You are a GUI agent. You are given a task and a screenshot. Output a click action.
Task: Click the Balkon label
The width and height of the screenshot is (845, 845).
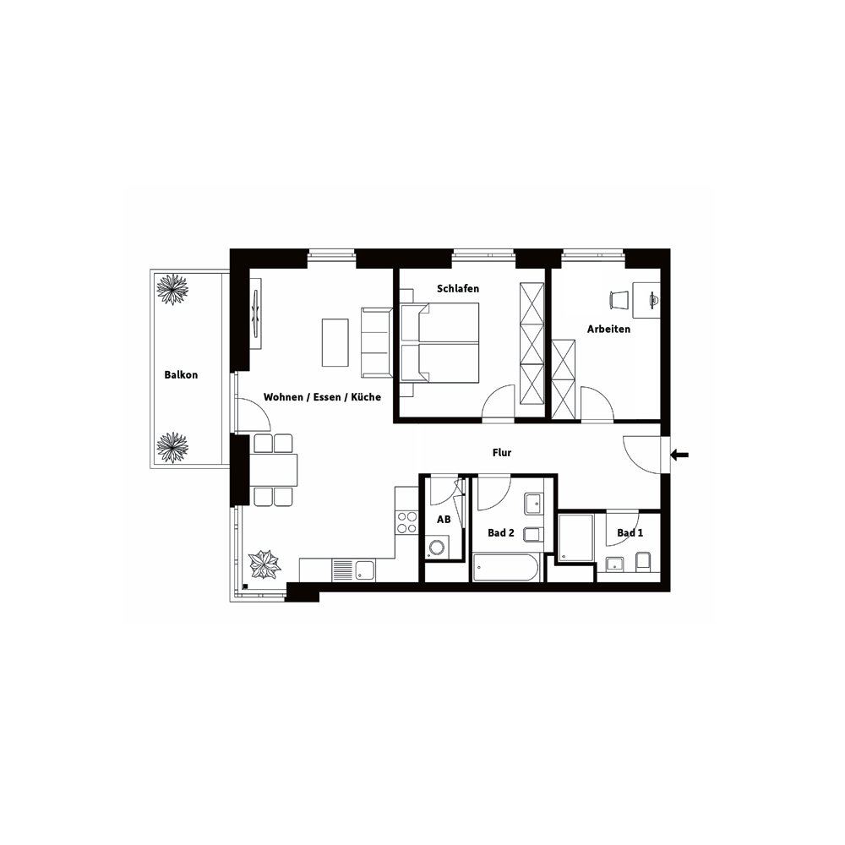coord(181,375)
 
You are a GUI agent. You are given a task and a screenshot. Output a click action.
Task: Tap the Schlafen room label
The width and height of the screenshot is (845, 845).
coord(458,289)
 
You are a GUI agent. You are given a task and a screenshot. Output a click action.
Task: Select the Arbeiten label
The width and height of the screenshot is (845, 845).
coord(609,330)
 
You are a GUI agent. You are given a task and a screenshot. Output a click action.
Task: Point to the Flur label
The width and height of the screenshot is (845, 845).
coord(502,453)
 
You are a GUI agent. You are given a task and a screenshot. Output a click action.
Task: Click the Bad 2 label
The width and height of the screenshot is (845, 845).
coord(501,533)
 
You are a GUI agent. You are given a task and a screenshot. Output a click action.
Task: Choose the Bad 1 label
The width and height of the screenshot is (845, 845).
coord(630,533)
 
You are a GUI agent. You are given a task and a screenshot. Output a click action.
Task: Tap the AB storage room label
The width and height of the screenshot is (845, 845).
coord(444,520)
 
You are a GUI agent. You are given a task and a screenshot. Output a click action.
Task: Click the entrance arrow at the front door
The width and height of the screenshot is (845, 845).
coord(679,455)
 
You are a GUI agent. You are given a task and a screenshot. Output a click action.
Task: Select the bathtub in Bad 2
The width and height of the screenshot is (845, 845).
coord(505,567)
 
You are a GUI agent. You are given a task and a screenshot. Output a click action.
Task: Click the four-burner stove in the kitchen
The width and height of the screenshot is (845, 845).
coord(407,521)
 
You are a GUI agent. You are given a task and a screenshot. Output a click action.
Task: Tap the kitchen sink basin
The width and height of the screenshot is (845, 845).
coord(365,570)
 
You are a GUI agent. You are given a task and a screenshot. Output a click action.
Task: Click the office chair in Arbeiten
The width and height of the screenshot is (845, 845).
coord(619,300)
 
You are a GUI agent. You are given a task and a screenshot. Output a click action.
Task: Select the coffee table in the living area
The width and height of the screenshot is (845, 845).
coord(335,343)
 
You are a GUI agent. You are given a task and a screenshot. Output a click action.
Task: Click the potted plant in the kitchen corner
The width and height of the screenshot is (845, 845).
coord(264,564)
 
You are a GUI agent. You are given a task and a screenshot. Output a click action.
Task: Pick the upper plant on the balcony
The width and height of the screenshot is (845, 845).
coord(172,290)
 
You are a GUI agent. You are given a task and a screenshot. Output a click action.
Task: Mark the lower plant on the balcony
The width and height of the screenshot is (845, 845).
coord(172,447)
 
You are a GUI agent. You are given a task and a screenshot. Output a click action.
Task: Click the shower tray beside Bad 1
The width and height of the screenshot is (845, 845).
coord(576,537)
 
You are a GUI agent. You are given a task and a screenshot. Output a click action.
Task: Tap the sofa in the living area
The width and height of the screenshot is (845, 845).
coord(376,343)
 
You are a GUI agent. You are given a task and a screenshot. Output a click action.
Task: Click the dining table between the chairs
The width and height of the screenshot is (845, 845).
coord(273,470)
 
